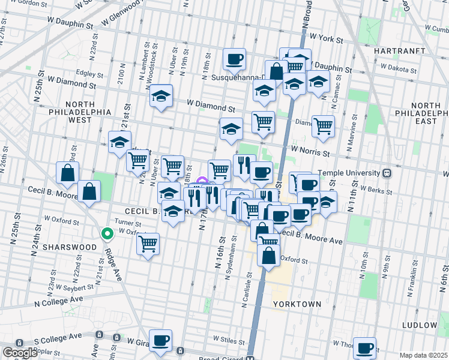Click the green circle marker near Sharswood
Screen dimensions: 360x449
[107, 234]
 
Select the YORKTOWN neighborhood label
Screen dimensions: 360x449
[297, 304]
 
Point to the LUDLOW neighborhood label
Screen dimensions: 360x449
[420, 325]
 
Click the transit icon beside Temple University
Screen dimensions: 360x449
[387, 173]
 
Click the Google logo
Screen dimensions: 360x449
[20, 352]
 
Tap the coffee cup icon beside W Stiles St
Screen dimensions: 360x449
[160, 340]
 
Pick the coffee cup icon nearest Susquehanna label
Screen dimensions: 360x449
[235, 59]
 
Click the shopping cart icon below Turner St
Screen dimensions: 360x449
[148, 244]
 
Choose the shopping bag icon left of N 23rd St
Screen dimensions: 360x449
[67, 173]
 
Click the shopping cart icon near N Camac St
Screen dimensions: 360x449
[323, 126]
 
